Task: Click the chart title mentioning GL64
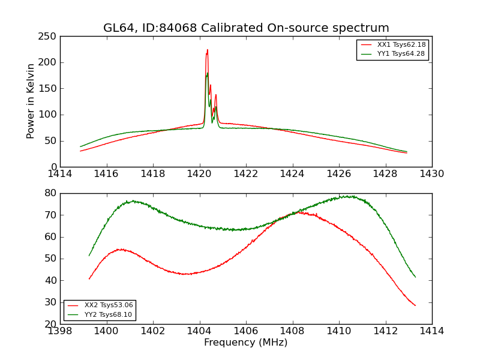coord(246,28)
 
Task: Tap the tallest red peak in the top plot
coord(208,50)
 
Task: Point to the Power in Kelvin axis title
coord(31,101)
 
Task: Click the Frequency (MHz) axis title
coord(246,343)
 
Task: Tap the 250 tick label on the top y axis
coord(50,37)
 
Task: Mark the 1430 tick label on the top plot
coord(432,173)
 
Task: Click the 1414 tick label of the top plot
coord(61,173)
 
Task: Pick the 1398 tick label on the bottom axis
coord(61,331)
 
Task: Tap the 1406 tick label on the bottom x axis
coord(246,331)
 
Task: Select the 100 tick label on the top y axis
coord(50,115)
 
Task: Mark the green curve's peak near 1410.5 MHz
coord(347,196)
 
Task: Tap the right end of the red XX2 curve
coord(415,305)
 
